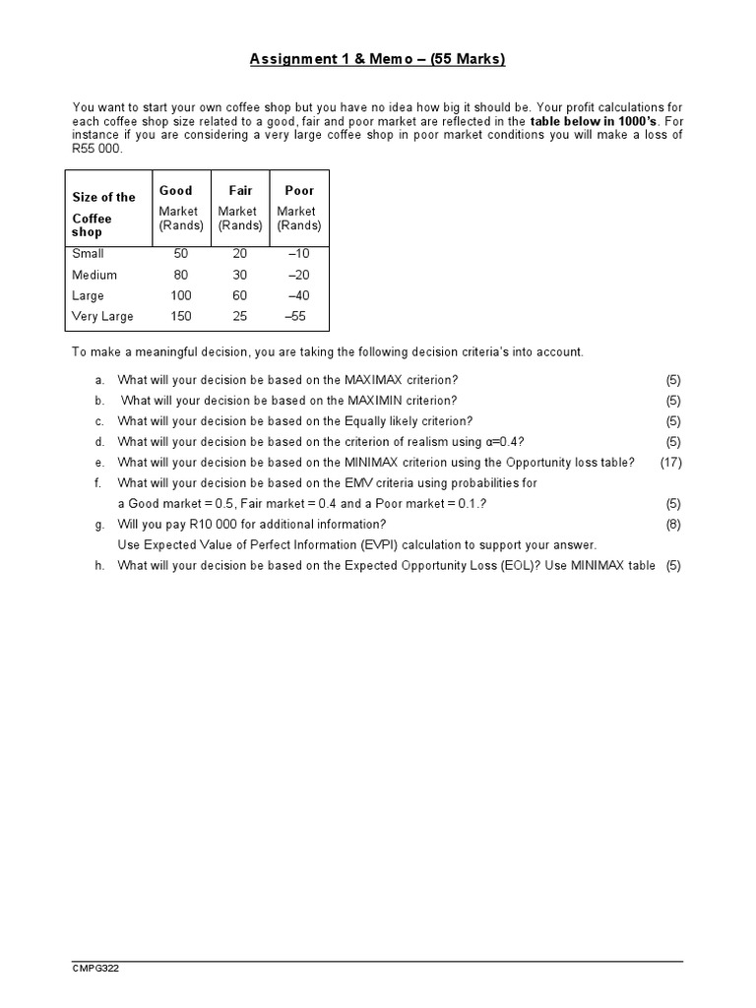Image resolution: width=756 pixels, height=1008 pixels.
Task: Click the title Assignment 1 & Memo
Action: coord(377,59)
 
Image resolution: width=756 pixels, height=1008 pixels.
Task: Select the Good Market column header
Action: coord(180,208)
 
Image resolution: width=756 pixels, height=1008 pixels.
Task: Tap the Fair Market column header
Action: coord(240,208)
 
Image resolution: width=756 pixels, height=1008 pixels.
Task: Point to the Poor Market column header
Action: coord(299,208)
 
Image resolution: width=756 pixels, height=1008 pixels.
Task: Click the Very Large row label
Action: coord(102,316)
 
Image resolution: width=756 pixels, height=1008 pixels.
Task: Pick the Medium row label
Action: coord(94,275)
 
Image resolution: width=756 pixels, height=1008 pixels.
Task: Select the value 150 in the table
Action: coord(181,316)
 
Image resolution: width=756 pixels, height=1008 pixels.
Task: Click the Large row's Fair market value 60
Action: coord(240,295)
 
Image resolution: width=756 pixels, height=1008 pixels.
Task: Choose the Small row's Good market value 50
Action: coord(181,253)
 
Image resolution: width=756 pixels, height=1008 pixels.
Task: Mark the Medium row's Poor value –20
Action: coord(298,275)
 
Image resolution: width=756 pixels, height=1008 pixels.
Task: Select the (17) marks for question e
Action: coord(670,462)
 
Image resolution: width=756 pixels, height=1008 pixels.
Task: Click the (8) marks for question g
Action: coord(673,524)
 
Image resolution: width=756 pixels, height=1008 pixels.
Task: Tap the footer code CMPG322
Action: coord(96,969)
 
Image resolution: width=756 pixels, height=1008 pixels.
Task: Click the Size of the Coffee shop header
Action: coord(103,214)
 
